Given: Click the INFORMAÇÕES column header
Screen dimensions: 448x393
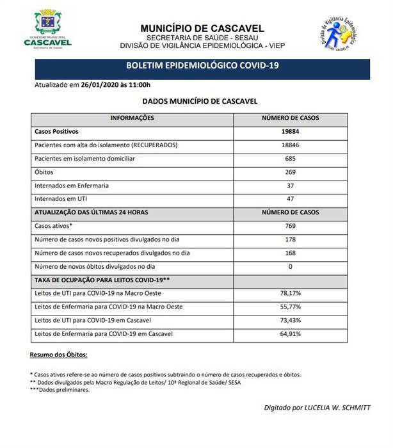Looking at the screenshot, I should click(x=132, y=118).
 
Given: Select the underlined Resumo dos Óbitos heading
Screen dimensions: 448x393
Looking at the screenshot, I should click(x=59, y=355).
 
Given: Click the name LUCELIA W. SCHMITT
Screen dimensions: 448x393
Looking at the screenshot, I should click(x=346, y=408).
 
